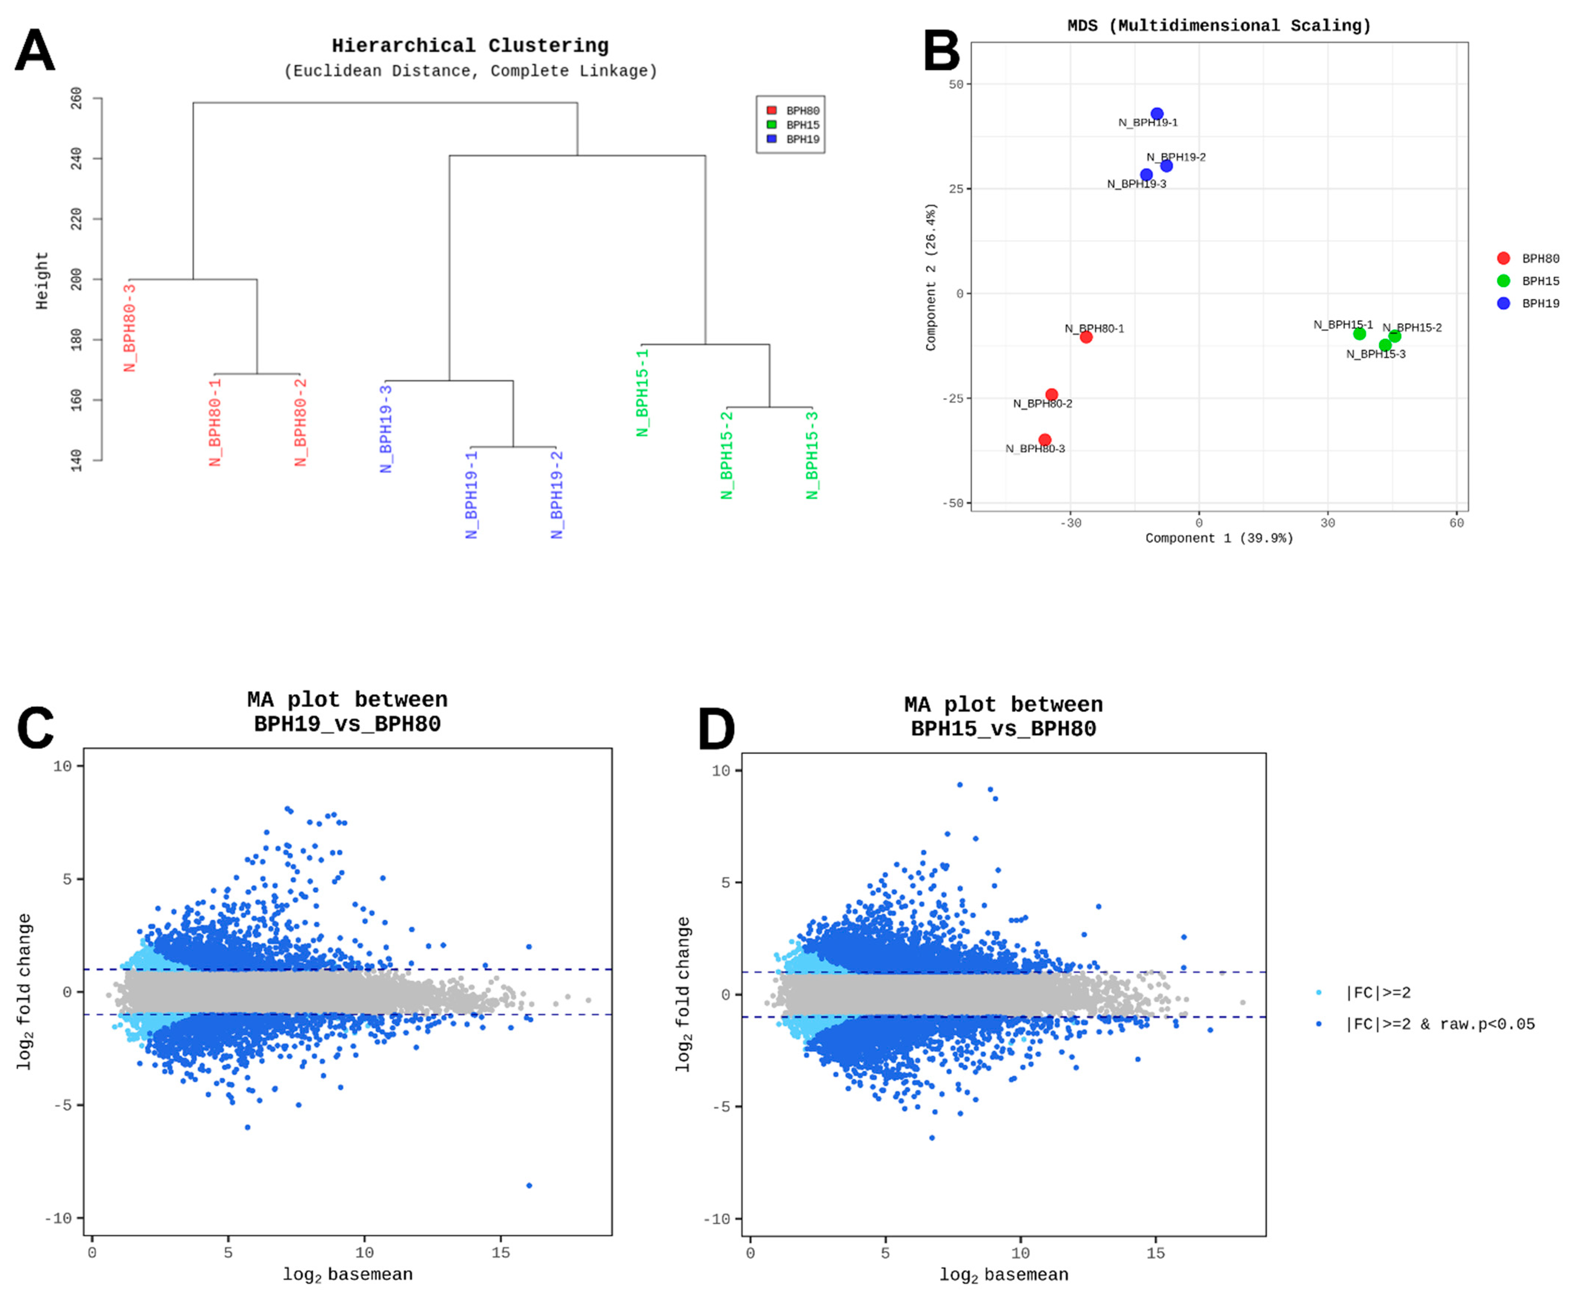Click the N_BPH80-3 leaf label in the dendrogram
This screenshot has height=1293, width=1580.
point(130,328)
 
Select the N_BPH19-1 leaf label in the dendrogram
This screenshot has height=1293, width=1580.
point(471,494)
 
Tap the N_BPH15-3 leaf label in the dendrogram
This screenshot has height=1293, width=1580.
point(812,455)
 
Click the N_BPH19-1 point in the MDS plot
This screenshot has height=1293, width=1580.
point(1157,114)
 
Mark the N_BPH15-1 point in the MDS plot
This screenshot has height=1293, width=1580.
point(1359,334)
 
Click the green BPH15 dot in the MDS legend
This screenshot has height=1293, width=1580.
point(1503,281)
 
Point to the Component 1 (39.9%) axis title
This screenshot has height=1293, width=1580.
point(1219,538)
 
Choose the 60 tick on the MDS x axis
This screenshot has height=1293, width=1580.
point(1457,523)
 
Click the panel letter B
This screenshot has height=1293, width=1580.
point(942,51)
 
